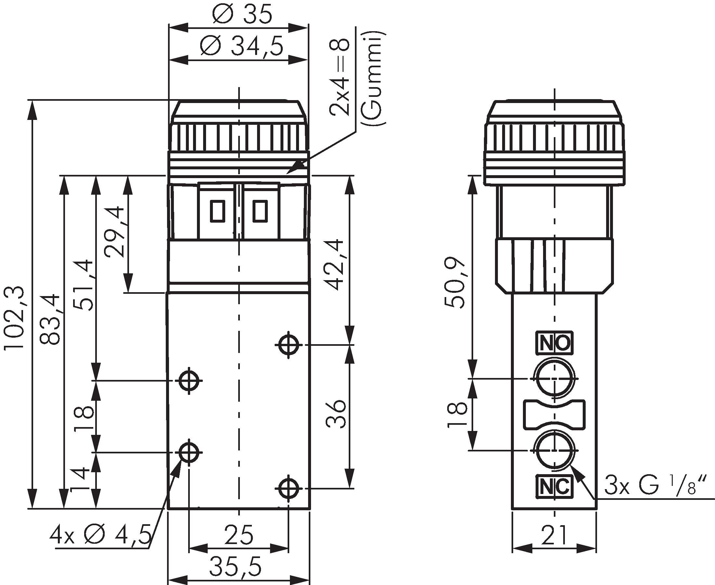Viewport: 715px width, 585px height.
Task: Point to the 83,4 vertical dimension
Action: tap(51, 319)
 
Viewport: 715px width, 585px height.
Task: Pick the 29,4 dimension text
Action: tap(114, 231)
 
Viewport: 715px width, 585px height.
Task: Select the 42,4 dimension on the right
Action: tap(336, 265)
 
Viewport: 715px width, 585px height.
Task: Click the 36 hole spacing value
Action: tap(336, 413)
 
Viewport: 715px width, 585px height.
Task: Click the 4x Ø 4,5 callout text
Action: tap(100, 536)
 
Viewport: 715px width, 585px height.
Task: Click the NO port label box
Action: tap(554, 343)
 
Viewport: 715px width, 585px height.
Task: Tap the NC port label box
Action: tap(554, 486)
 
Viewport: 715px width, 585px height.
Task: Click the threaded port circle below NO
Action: tap(554, 379)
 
